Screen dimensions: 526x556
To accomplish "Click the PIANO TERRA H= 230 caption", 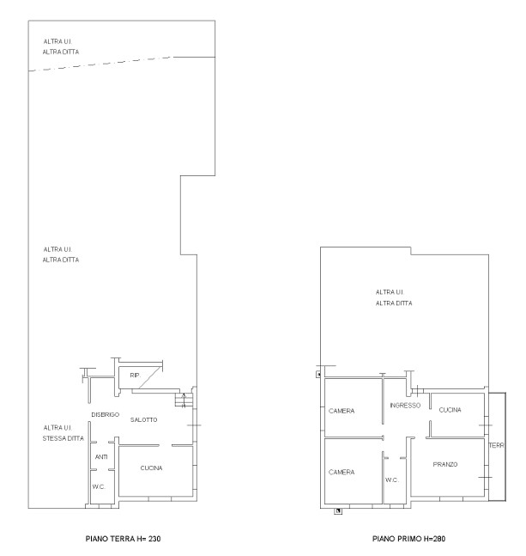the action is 123,539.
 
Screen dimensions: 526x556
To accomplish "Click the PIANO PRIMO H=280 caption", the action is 408,539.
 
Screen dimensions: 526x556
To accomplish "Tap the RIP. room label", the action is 136,376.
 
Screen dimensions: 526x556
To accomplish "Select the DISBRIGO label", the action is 106,414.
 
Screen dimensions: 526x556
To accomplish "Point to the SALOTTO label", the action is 143,420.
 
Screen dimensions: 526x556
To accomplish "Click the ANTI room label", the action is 101,457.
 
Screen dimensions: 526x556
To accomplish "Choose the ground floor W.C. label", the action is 99,487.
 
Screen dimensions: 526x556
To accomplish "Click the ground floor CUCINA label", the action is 151,468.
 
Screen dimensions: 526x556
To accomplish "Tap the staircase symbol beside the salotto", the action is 184,400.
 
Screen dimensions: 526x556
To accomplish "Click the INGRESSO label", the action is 405,406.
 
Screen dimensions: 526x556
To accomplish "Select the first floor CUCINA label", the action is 450,410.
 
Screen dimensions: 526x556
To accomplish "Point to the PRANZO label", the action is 445,465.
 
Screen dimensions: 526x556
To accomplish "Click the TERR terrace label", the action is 496,445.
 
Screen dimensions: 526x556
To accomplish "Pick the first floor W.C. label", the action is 392,480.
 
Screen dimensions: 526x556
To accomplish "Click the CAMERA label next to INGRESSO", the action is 342,411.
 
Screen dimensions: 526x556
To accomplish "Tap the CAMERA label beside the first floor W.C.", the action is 342,473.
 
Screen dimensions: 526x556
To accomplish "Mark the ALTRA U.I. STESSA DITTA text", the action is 63,433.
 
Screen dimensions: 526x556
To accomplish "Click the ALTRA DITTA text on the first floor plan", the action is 394,303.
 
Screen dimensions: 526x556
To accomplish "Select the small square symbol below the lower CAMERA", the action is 338,511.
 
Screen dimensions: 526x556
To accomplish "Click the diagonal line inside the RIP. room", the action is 150,377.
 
